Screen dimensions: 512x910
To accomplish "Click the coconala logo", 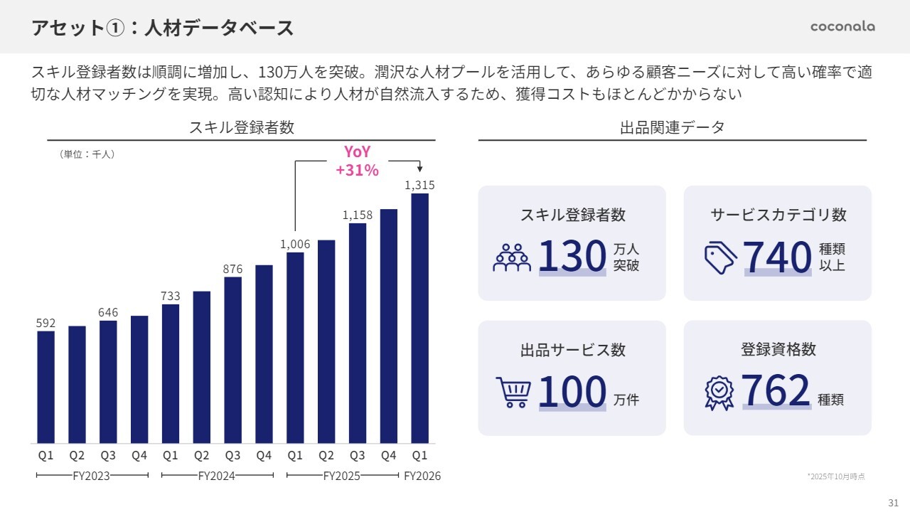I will [x=842, y=26].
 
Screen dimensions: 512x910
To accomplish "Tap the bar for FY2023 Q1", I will [x=45, y=387].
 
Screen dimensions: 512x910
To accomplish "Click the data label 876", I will [x=232, y=269].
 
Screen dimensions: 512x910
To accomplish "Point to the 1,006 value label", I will [x=295, y=244].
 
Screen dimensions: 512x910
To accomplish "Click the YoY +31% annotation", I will [x=357, y=161].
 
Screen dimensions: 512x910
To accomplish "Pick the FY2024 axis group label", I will [x=216, y=476].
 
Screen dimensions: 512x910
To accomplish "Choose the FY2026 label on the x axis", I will [x=422, y=476].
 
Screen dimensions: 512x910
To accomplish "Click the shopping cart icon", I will [x=513, y=392].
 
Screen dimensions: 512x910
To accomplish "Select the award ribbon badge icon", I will [x=719, y=392].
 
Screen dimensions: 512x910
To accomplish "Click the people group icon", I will [x=512, y=257].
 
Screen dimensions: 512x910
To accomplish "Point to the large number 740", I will [x=777, y=257].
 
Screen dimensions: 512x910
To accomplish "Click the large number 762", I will [x=776, y=391].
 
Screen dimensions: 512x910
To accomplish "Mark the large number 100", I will [x=572, y=392].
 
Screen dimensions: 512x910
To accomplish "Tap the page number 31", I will [x=894, y=502].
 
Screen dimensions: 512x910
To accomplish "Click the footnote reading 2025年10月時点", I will [x=836, y=476].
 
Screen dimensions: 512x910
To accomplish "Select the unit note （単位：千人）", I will [x=86, y=154].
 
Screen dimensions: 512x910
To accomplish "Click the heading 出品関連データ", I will [x=672, y=128].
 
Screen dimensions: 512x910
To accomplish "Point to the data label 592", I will [x=45, y=323].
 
